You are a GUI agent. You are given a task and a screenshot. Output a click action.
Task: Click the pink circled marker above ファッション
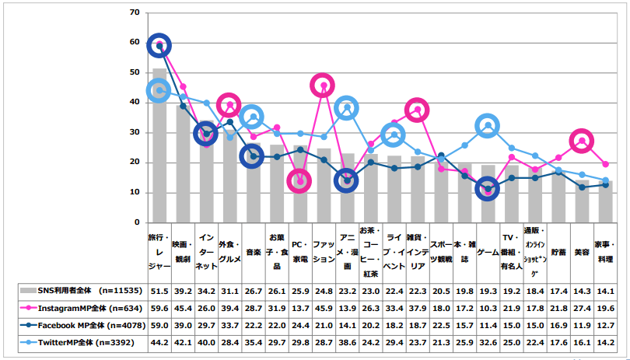(x=323, y=86)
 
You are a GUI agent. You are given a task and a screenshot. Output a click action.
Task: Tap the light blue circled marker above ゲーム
(x=488, y=125)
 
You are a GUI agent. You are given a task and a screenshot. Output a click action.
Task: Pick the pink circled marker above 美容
(x=582, y=141)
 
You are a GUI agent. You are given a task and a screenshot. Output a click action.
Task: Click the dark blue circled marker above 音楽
(x=252, y=156)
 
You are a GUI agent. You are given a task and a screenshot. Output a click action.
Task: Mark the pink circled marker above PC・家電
(x=299, y=181)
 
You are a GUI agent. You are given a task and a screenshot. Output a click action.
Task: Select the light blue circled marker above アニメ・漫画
(x=347, y=107)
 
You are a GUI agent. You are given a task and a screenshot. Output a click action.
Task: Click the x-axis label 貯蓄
(x=558, y=252)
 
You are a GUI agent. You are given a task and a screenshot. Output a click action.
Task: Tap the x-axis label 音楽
(x=252, y=252)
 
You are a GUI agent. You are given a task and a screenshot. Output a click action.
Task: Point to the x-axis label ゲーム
(x=488, y=252)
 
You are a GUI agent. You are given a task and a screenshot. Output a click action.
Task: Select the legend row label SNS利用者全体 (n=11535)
(x=76, y=291)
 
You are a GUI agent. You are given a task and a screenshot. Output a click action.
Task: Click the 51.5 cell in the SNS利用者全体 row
(x=159, y=291)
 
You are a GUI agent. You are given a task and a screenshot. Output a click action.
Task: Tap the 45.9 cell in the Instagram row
(x=323, y=307)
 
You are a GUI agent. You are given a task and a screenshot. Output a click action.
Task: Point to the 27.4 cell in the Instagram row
(x=582, y=307)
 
